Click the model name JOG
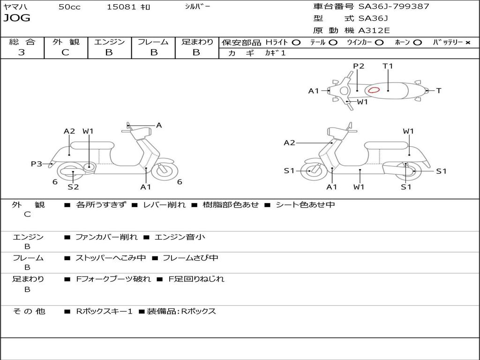tap(17, 18)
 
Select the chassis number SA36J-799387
tap(394, 7)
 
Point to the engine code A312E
tap(374, 31)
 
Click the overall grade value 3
tap(22, 52)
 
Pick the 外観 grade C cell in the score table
tap(66, 52)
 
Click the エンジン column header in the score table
tap(109, 42)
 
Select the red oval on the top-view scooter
tap(374, 90)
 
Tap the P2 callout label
tap(359, 66)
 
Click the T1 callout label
tap(388, 66)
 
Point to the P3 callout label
tap(37, 164)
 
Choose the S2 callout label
tap(73, 187)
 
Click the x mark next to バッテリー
tap(468, 42)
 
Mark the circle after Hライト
tap(296, 42)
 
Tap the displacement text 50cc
tap(69, 7)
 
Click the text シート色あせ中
tap(305, 205)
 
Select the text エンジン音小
tap(180, 237)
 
